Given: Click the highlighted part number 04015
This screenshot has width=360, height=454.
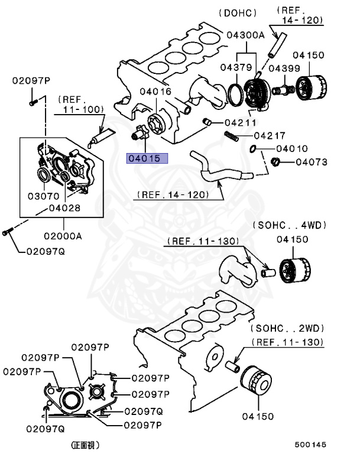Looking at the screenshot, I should click(146, 158).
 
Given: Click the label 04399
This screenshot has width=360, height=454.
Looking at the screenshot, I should click(283, 69).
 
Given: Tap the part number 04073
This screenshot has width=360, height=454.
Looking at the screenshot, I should click(312, 161).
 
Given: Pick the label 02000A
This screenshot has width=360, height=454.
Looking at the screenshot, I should click(62, 235).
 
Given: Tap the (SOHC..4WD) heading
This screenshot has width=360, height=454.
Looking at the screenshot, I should click(290, 225).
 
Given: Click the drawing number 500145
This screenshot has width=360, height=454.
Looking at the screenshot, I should click(310, 445).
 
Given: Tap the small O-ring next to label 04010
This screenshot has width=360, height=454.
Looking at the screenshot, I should click(254, 148).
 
